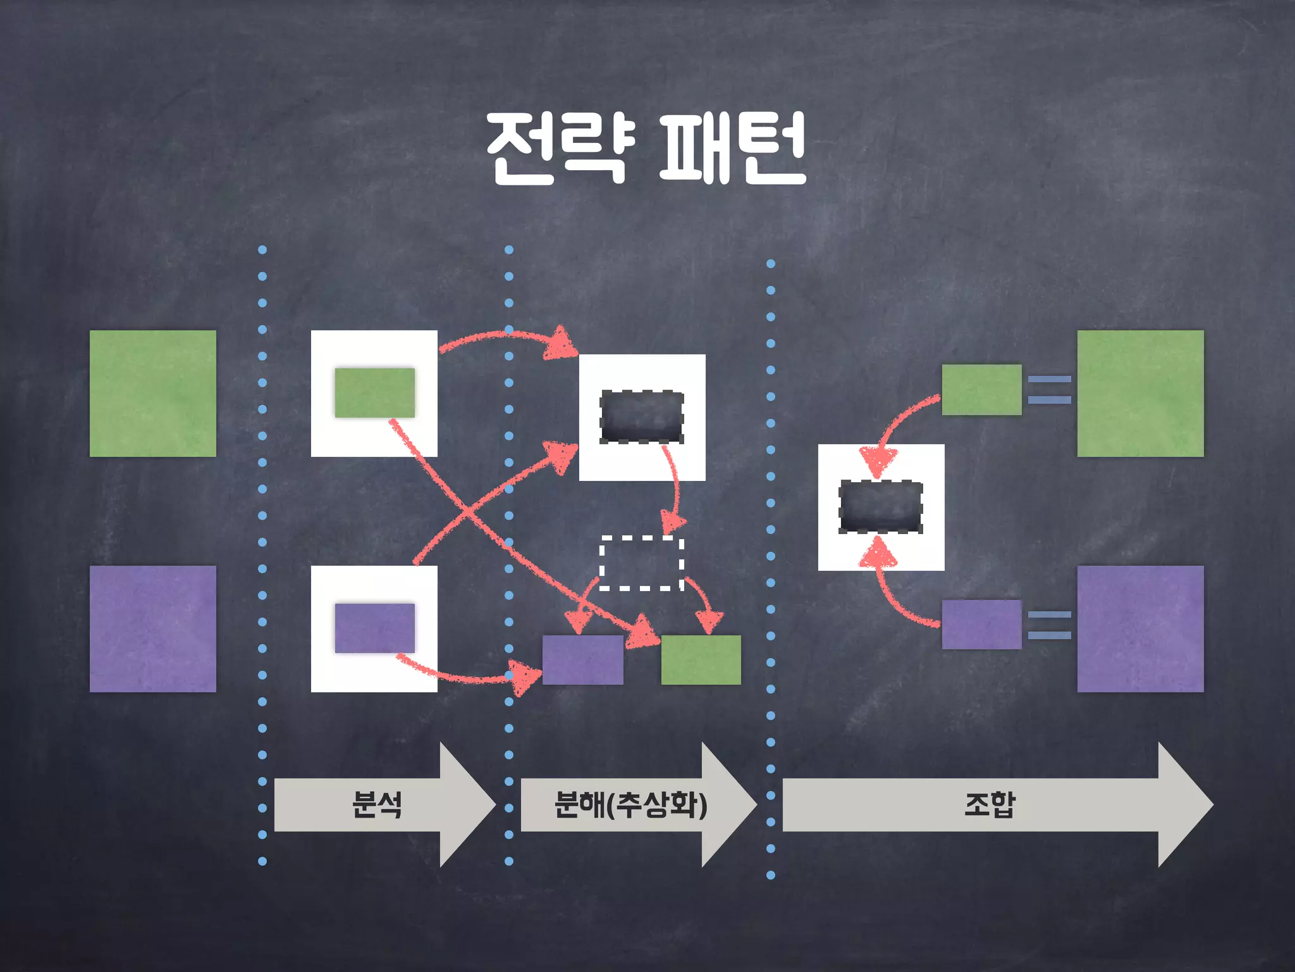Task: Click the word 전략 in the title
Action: tap(560, 149)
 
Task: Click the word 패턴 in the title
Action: tap(732, 149)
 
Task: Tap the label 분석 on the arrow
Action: tap(377, 805)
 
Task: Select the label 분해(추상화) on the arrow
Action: tap(630, 805)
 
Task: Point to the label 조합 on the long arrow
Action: tap(990, 805)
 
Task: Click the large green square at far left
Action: tap(153, 393)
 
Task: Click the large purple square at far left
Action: tap(153, 628)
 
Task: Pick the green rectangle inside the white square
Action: tap(374, 392)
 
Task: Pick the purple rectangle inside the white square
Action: tap(374, 628)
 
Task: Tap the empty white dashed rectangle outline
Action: tap(641, 563)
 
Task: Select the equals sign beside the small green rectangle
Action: tap(1049, 389)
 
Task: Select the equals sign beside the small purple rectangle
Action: tap(1049, 625)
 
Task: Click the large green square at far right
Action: tap(1140, 393)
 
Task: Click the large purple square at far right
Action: tap(1140, 628)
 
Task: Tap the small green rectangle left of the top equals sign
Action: tap(981, 389)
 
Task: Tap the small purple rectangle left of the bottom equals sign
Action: tap(981, 625)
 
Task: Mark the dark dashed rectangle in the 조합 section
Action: tap(880, 507)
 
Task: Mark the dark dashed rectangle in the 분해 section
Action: tap(642, 417)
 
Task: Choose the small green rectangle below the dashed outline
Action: tap(701, 660)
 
